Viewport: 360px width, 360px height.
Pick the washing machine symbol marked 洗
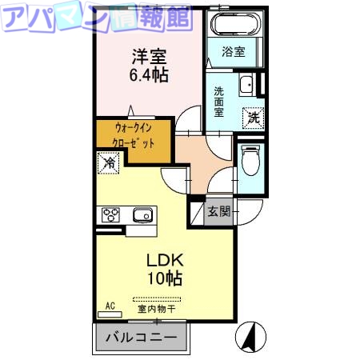click(253, 118)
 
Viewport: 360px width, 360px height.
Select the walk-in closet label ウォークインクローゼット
click(133, 140)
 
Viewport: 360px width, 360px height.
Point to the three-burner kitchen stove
click(110, 214)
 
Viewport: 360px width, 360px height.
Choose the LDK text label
click(164, 260)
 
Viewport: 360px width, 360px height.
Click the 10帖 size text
click(164, 278)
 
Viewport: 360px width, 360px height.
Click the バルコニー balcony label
click(142, 338)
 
